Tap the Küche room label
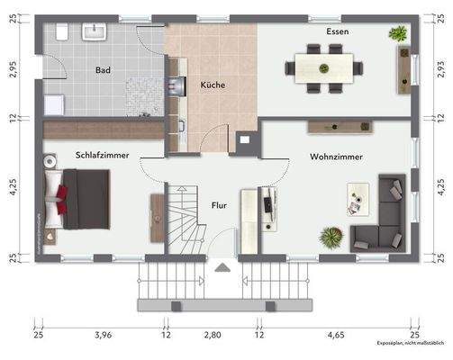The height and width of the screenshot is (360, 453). [x=213, y=85]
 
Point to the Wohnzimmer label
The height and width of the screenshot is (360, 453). [x=337, y=157]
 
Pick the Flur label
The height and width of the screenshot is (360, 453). [x=220, y=205]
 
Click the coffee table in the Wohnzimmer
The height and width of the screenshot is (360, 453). [x=358, y=199]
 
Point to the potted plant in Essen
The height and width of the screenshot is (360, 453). [x=397, y=34]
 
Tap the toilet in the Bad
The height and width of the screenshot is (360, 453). [x=61, y=31]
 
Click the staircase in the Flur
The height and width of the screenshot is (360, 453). [x=186, y=219]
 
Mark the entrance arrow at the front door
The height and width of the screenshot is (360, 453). [x=220, y=266]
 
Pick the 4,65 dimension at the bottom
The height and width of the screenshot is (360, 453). [x=337, y=335]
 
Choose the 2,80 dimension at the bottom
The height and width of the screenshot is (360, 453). [x=213, y=335]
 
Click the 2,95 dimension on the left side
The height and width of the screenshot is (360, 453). [x=12, y=69]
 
